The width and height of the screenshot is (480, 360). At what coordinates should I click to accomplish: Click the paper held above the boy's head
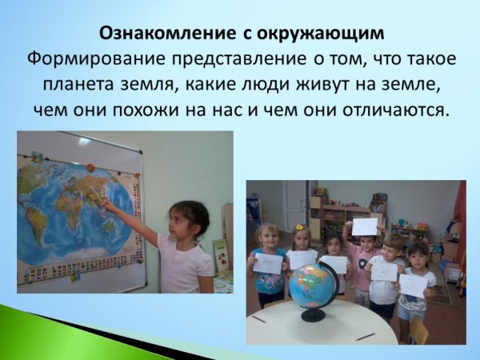[x=365, y=226]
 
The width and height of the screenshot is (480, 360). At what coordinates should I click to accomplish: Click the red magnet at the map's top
[x=91, y=166]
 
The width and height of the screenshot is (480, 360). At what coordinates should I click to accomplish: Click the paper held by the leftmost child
[x=268, y=262]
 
